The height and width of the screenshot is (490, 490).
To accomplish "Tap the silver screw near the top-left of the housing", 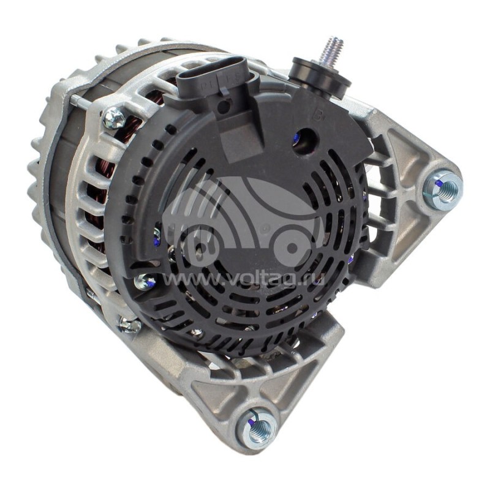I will coord(114,117).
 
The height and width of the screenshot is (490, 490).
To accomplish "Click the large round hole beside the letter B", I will coord(305,140).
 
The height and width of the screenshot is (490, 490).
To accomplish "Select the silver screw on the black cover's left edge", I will coord(145,282).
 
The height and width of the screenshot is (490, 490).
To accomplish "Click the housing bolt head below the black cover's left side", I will coord(130,324).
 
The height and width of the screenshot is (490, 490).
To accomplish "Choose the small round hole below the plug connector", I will coord(224,105).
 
